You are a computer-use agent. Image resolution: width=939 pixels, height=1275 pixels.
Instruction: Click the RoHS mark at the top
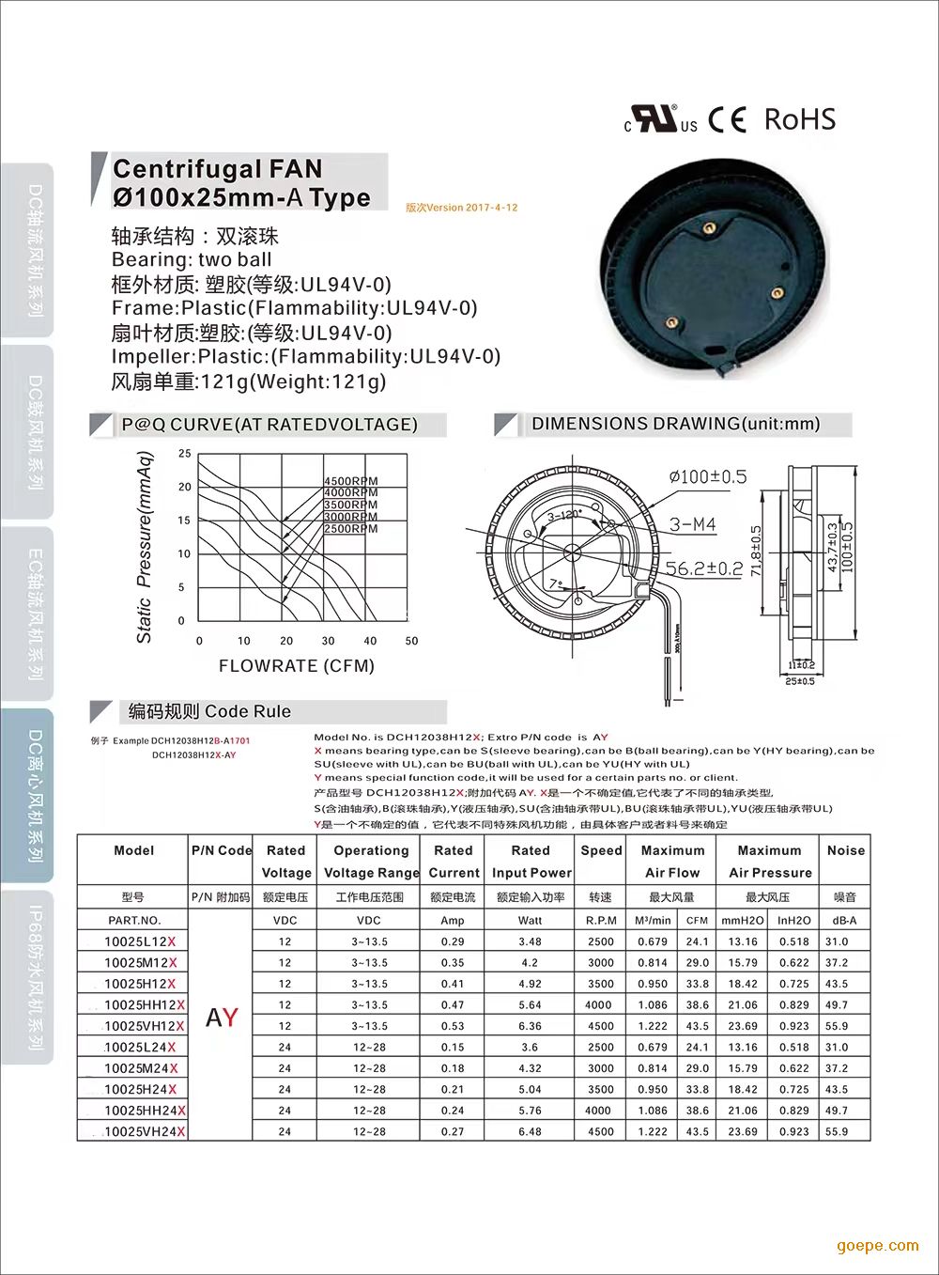point(799,119)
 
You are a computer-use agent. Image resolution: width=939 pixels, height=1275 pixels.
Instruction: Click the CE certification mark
point(728,120)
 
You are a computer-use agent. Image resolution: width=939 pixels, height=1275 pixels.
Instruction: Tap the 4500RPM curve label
point(351,481)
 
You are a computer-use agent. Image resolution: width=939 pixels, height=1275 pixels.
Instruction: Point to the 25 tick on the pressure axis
point(185,454)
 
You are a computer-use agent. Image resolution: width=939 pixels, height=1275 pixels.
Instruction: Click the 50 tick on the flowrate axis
point(411,641)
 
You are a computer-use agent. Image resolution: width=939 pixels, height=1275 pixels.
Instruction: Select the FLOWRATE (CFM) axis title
point(297,666)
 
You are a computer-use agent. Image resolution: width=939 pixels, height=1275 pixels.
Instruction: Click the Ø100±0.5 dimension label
point(708,476)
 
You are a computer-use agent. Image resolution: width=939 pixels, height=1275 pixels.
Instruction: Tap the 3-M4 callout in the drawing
point(693,524)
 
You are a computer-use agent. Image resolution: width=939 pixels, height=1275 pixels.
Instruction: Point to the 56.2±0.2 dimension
point(704,568)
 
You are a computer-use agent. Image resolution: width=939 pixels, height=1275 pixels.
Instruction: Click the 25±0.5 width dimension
point(800,681)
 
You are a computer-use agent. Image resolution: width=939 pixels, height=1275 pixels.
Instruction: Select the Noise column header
point(845,850)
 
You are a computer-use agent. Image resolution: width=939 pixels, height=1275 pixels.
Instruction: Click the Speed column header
point(601,850)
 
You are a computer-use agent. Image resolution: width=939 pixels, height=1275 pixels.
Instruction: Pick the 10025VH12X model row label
point(145,1026)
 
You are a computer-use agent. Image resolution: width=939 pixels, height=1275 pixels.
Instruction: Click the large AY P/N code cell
point(222,1018)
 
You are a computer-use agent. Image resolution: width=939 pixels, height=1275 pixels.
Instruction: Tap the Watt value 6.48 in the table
point(530,1131)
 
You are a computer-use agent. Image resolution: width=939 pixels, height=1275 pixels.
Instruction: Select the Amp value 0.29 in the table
point(453,941)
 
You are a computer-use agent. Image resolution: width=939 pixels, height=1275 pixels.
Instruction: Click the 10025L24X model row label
point(140,1047)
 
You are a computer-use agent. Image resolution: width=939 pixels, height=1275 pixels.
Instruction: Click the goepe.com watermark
point(878,1246)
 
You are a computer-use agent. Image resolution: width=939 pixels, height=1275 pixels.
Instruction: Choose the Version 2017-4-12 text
point(462,208)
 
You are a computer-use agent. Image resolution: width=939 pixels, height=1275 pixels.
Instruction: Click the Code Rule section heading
point(209,711)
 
